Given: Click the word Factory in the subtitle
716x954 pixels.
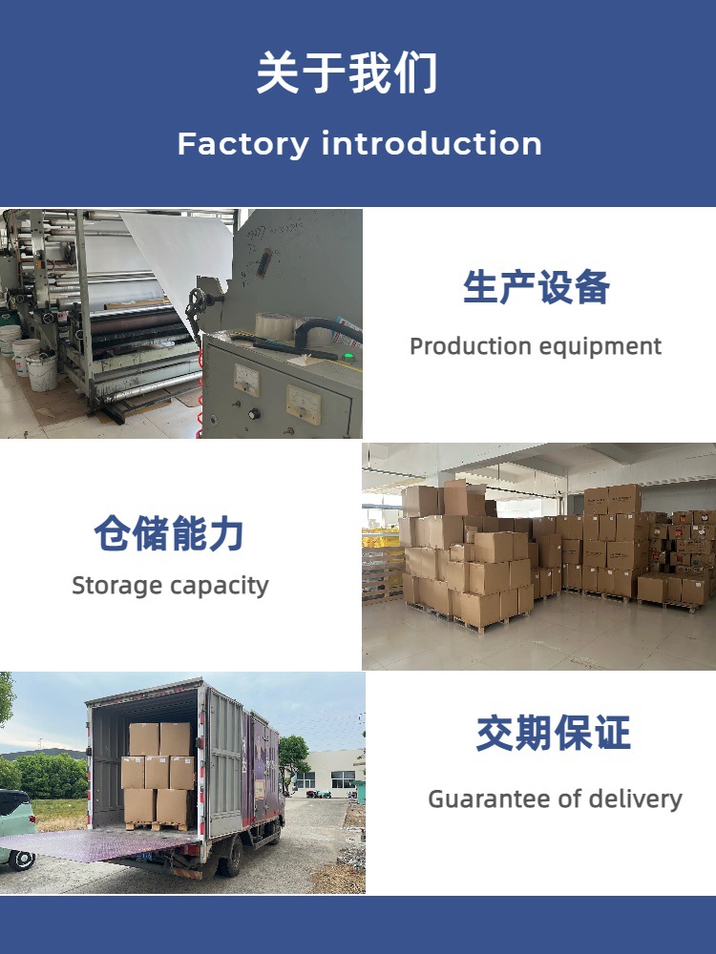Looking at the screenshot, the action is pyautogui.click(x=242, y=144).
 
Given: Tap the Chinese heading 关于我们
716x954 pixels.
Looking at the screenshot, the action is pyautogui.click(x=347, y=73).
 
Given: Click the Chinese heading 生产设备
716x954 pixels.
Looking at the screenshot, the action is pyautogui.click(x=536, y=287).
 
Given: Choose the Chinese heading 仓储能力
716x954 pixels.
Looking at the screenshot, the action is pyautogui.click(x=170, y=533).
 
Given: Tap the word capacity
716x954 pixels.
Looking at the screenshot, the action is pyautogui.click(x=221, y=586).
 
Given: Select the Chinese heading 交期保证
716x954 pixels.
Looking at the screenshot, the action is pyautogui.click(x=554, y=734).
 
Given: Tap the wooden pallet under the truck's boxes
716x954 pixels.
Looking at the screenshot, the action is pyautogui.click(x=158, y=826).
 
